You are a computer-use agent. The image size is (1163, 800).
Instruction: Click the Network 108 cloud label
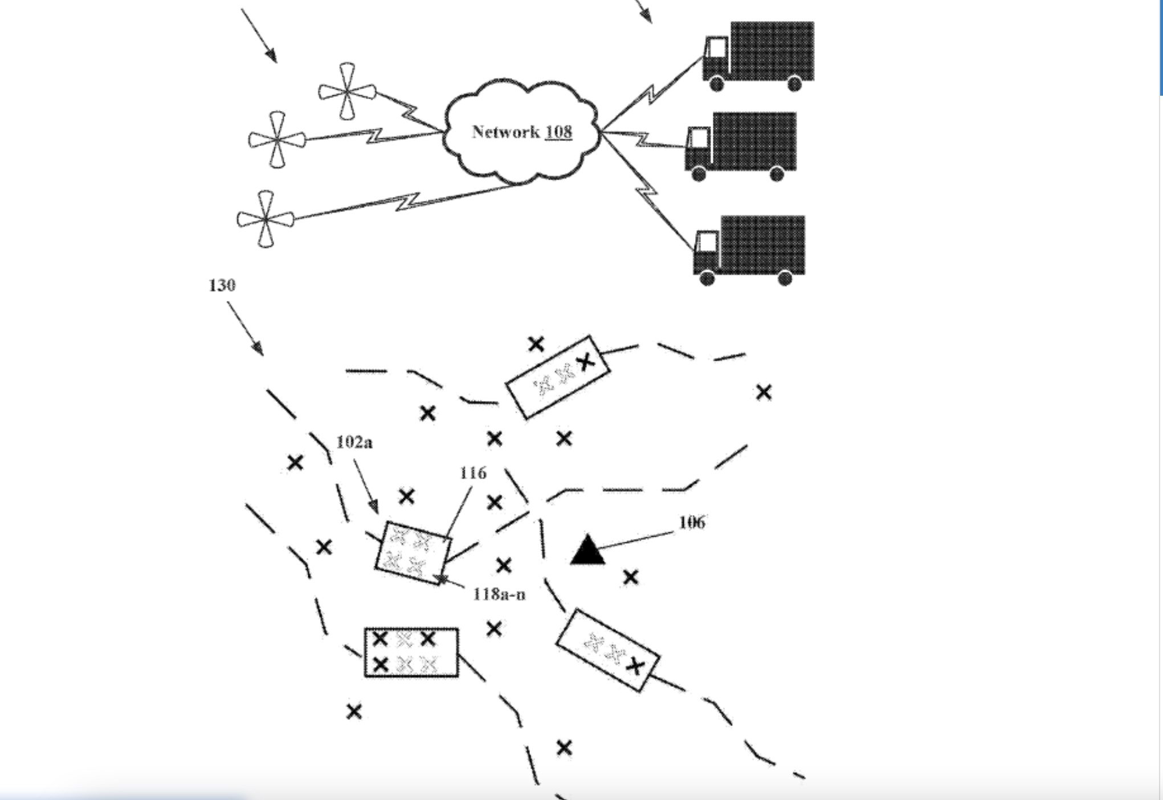click(521, 132)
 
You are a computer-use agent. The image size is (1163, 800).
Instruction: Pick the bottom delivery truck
click(749, 250)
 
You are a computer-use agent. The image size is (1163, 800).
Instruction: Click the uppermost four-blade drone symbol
click(347, 91)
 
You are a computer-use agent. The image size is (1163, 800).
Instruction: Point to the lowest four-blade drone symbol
click(266, 219)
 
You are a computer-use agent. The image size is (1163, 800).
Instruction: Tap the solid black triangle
click(587, 550)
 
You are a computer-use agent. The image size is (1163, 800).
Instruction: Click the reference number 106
click(692, 522)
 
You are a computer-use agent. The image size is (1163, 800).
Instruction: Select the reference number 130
click(222, 285)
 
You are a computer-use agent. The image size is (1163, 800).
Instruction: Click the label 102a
click(354, 442)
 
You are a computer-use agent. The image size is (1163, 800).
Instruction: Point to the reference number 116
click(473, 473)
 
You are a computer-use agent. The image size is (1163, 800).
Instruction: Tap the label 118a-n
click(499, 595)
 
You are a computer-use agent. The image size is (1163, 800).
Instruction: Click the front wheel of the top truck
click(717, 84)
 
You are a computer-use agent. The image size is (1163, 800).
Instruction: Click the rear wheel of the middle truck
click(777, 174)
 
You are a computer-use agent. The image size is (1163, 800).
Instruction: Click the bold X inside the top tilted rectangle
click(585, 361)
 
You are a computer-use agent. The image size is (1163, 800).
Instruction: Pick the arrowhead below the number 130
click(258, 348)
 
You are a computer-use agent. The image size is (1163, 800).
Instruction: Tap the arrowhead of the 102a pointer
click(373, 506)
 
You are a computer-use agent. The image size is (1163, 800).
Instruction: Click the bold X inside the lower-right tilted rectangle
click(635, 666)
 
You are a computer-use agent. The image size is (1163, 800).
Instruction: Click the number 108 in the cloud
click(558, 132)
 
